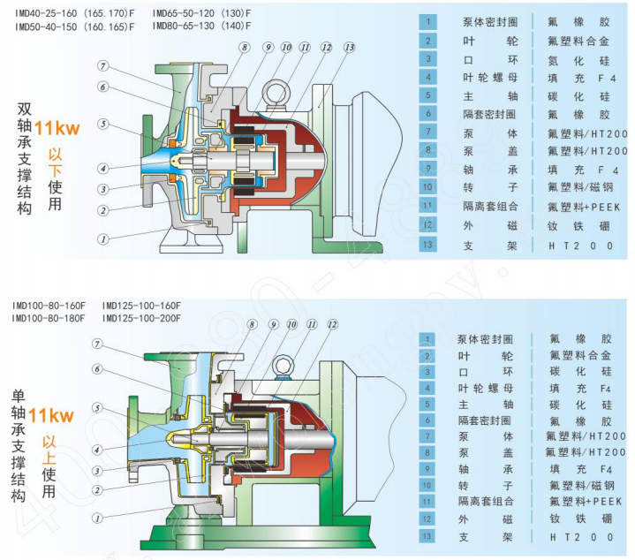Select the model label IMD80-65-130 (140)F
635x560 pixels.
click(201, 27)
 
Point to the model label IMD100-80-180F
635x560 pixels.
click(49, 318)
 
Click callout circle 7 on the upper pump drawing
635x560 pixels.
click(102, 66)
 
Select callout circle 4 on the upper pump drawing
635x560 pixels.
click(102, 168)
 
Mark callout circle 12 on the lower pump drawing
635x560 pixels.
click(332, 325)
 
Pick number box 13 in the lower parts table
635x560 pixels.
click(427, 536)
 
